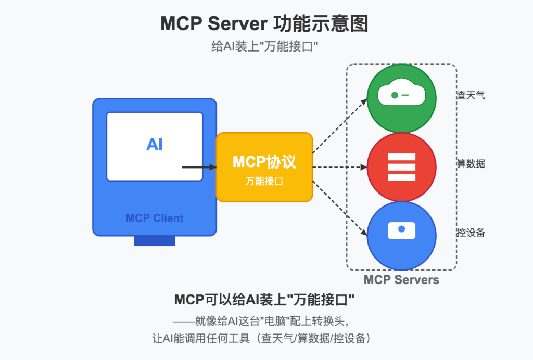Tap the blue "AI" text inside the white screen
click(x=155, y=144)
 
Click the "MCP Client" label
click(x=155, y=218)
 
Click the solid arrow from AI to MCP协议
click(x=199, y=167)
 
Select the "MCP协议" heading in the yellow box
click(x=264, y=162)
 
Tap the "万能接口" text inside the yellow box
click(x=264, y=182)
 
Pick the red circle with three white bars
click(x=401, y=167)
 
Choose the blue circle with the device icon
click(x=401, y=235)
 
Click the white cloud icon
click(x=401, y=95)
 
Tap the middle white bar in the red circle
click(x=401, y=167)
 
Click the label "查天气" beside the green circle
click(x=471, y=95)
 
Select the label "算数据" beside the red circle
click(x=471, y=164)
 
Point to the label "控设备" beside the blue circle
click(x=471, y=233)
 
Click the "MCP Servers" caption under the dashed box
click(x=401, y=280)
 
